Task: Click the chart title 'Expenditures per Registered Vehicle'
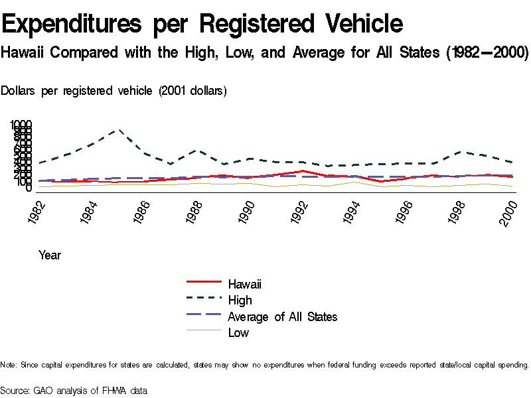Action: coord(202,24)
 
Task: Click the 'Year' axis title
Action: coord(50,255)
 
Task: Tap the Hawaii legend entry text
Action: coord(244,285)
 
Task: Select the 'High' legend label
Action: coord(240,300)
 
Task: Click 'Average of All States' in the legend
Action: coord(282,316)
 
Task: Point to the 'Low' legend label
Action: coord(238,332)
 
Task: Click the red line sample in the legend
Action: coord(203,285)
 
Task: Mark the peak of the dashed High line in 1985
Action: coord(119,130)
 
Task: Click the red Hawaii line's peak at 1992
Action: coord(302,171)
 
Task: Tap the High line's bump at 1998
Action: coord(459,152)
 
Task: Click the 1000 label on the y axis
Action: coord(21,125)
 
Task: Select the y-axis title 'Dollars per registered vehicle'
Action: coord(114,91)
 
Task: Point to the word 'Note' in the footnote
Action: coord(8,365)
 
